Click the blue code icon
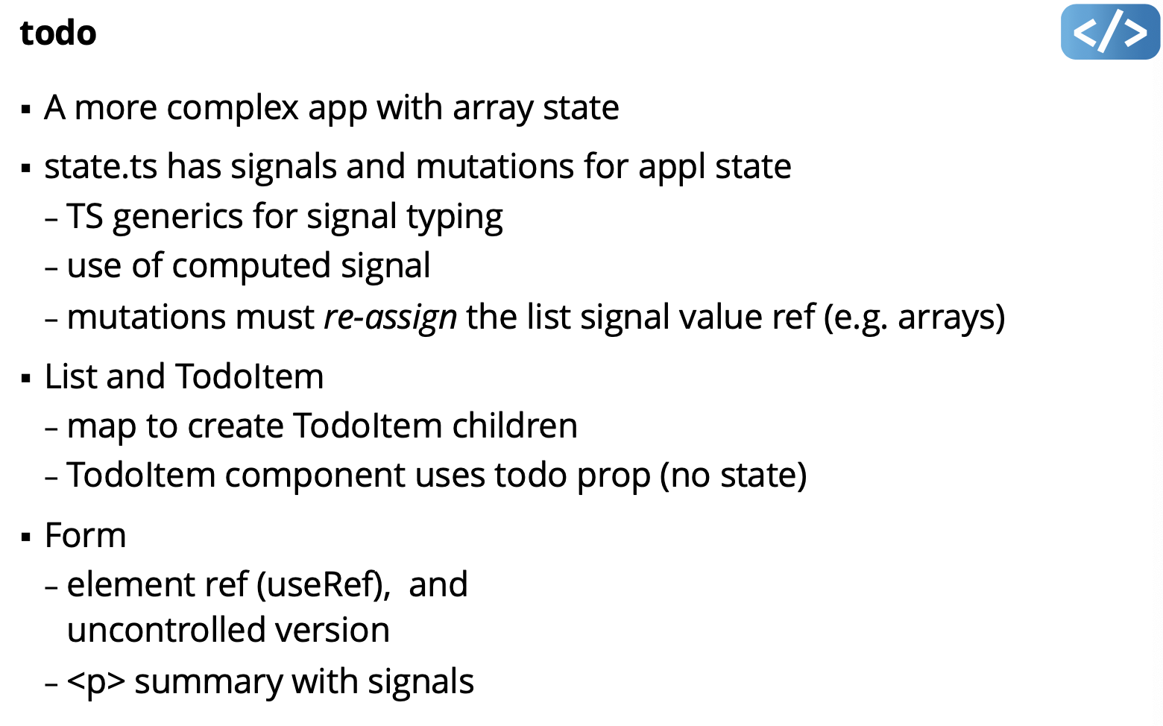(x=1109, y=32)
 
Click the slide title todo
(x=58, y=34)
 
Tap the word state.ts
(x=101, y=167)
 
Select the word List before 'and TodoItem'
(x=71, y=377)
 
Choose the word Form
(x=85, y=536)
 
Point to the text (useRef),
(x=324, y=585)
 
